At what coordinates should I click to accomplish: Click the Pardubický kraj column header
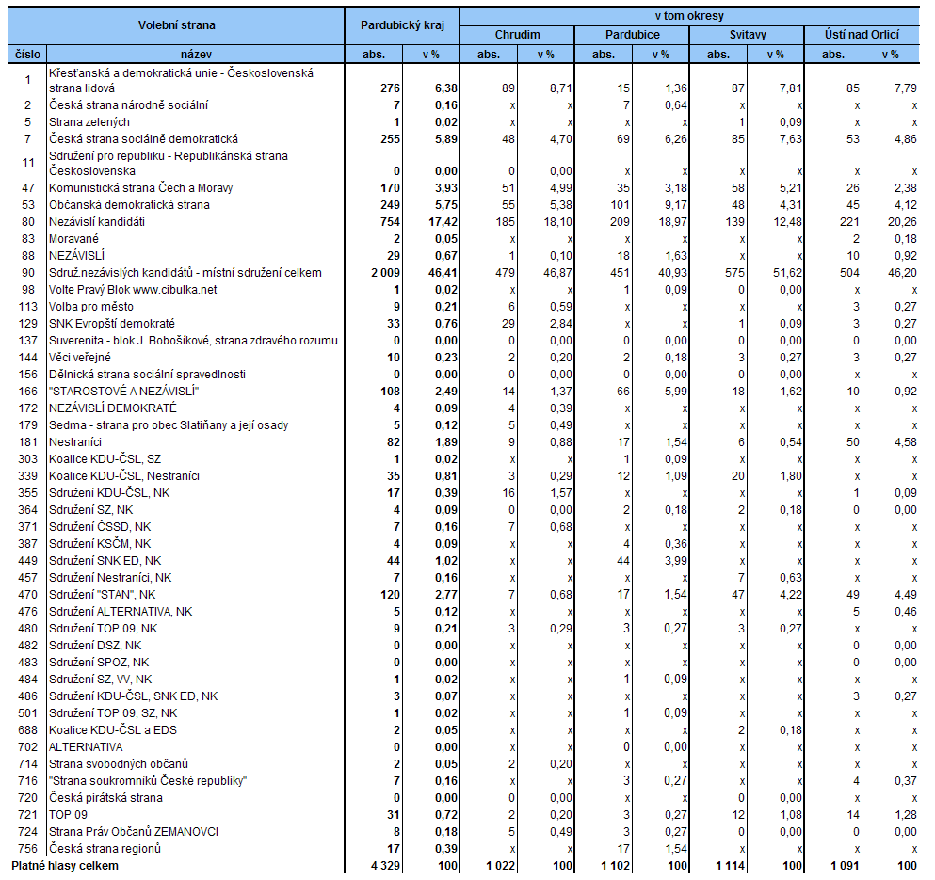(x=402, y=24)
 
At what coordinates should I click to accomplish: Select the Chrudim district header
(x=518, y=35)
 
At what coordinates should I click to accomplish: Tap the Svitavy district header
(x=747, y=35)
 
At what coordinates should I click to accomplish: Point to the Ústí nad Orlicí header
(x=861, y=35)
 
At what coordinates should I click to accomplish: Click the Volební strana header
(x=176, y=24)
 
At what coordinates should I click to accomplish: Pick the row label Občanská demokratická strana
(x=130, y=205)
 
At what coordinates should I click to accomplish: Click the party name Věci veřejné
(x=82, y=358)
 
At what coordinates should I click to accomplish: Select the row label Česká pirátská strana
(x=105, y=798)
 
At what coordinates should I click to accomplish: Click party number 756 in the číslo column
(x=28, y=849)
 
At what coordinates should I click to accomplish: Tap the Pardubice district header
(x=632, y=35)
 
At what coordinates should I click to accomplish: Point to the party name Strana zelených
(x=89, y=122)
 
